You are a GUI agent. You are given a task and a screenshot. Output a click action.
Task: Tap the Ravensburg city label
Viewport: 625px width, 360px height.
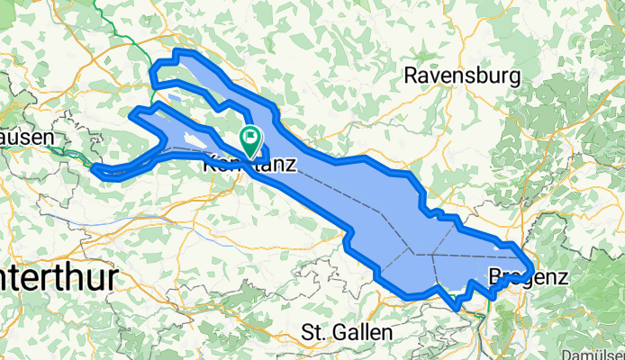(x=462, y=76)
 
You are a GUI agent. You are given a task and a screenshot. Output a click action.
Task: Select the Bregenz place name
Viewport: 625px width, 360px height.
(x=529, y=277)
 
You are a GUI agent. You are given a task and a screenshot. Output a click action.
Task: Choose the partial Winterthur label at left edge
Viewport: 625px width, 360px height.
(x=58, y=277)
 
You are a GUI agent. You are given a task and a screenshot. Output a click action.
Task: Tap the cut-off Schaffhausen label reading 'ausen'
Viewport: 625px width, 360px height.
(x=28, y=138)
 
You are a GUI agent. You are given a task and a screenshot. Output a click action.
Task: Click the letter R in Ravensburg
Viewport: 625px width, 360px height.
(x=411, y=76)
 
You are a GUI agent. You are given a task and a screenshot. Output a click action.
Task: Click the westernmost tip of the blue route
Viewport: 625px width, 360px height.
(x=94, y=166)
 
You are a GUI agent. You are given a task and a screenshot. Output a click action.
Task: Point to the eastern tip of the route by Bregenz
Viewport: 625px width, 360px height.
(x=530, y=266)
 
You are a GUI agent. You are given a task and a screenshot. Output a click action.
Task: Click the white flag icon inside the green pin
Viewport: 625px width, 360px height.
(x=249, y=138)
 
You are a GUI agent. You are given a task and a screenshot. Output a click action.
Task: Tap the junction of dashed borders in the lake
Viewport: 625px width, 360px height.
(x=416, y=255)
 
